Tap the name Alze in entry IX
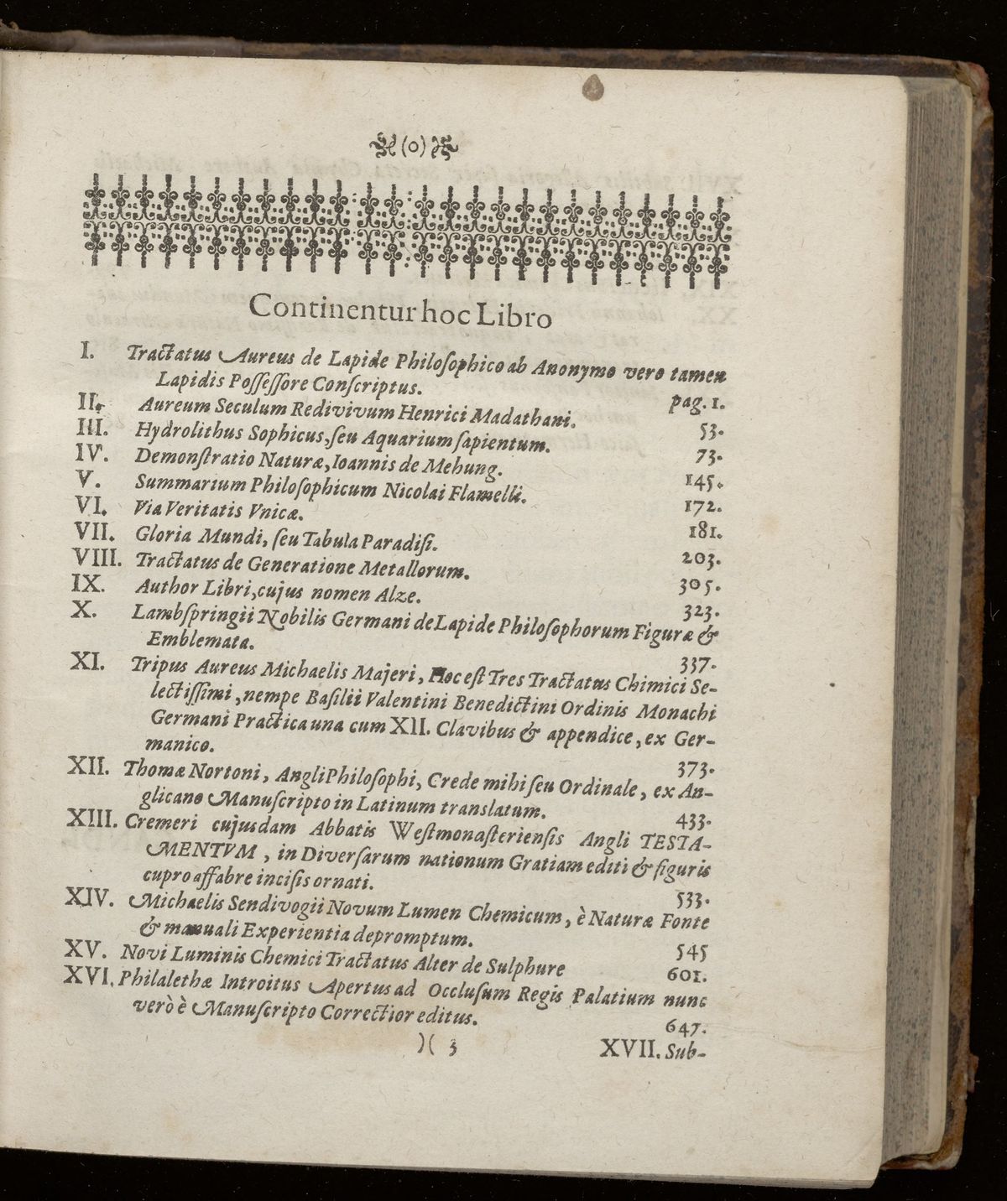[x=384, y=597]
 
